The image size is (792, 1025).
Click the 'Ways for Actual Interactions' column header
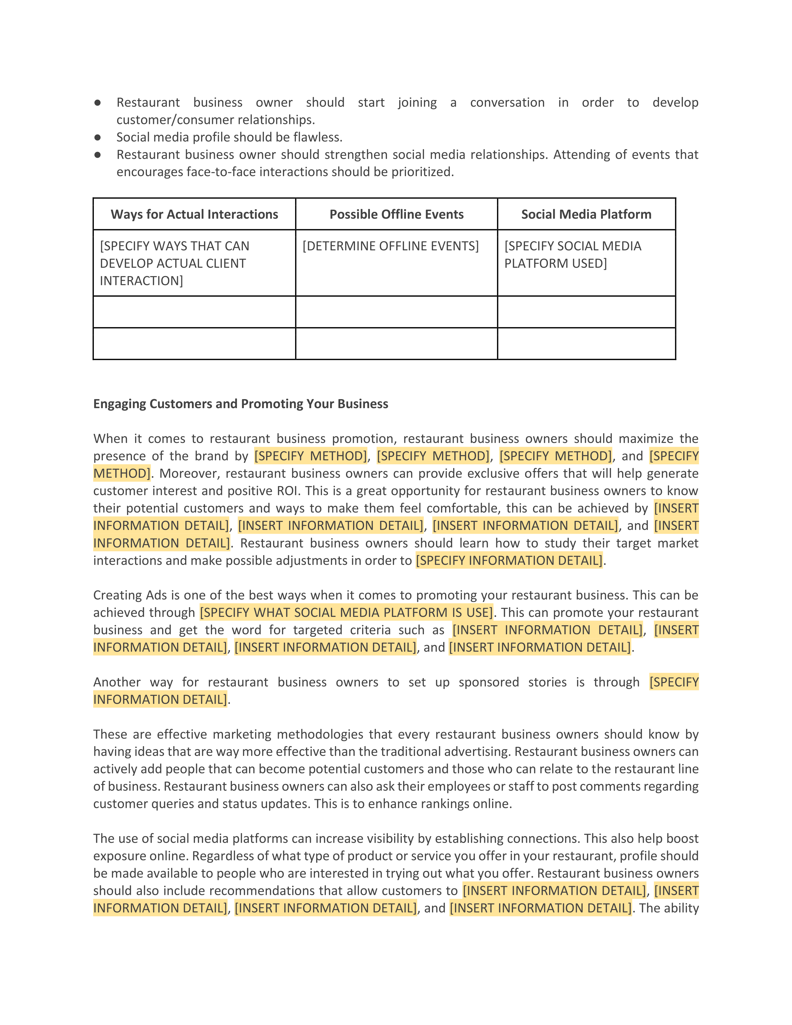(x=194, y=215)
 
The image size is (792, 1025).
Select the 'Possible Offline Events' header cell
(x=397, y=215)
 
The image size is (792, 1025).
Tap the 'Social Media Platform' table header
(x=586, y=215)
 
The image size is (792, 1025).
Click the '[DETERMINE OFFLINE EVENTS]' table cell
(x=390, y=246)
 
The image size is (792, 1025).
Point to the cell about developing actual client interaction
(x=175, y=263)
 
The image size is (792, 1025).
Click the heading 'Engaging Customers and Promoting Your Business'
(x=241, y=404)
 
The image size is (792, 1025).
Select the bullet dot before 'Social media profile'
(x=98, y=138)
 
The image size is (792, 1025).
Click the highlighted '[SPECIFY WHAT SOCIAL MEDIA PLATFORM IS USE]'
(x=346, y=613)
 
